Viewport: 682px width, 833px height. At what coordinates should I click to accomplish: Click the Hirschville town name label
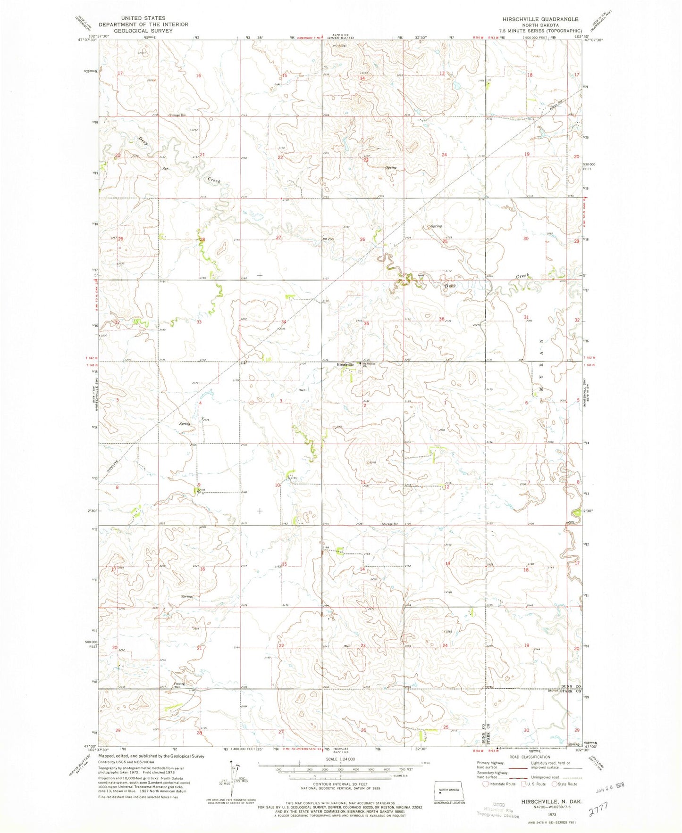(x=345, y=364)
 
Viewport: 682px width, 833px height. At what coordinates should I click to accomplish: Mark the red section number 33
(x=199, y=322)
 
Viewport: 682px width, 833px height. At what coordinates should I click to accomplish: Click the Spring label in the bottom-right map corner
(x=573, y=744)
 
